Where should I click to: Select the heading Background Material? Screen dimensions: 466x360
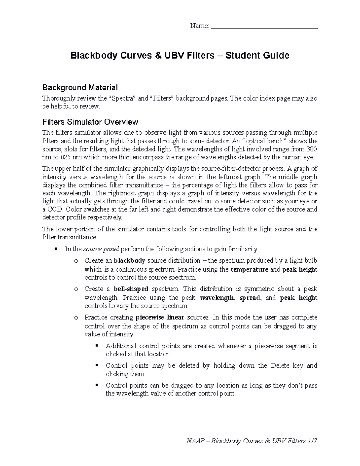80,88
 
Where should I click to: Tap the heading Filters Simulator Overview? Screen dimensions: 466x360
90,122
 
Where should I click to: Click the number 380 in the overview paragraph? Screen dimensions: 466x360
312,149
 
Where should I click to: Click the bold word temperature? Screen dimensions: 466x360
249,269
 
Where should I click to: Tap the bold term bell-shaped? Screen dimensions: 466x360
131,289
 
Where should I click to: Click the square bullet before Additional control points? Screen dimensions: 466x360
97,346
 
